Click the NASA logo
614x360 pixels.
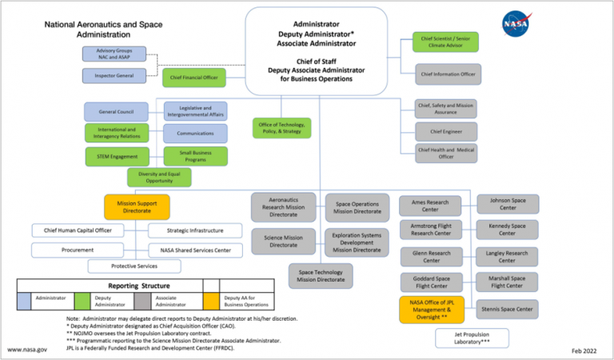point(515,25)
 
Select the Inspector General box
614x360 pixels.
point(114,76)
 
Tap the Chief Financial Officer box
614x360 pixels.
point(194,77)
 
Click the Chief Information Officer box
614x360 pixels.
point(448,74)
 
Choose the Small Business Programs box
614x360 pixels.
point(195,156)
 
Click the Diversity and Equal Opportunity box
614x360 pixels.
point(159,177)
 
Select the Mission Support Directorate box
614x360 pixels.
point(137,208)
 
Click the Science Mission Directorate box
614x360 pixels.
point(282,241)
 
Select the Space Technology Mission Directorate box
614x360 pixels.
point(321,275)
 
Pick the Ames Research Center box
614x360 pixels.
point(430,206)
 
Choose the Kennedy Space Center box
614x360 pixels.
point(508,230)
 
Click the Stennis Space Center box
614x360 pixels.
point(508,308)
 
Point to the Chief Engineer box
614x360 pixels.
point(447,131)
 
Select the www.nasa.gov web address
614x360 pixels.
point(27,350)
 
